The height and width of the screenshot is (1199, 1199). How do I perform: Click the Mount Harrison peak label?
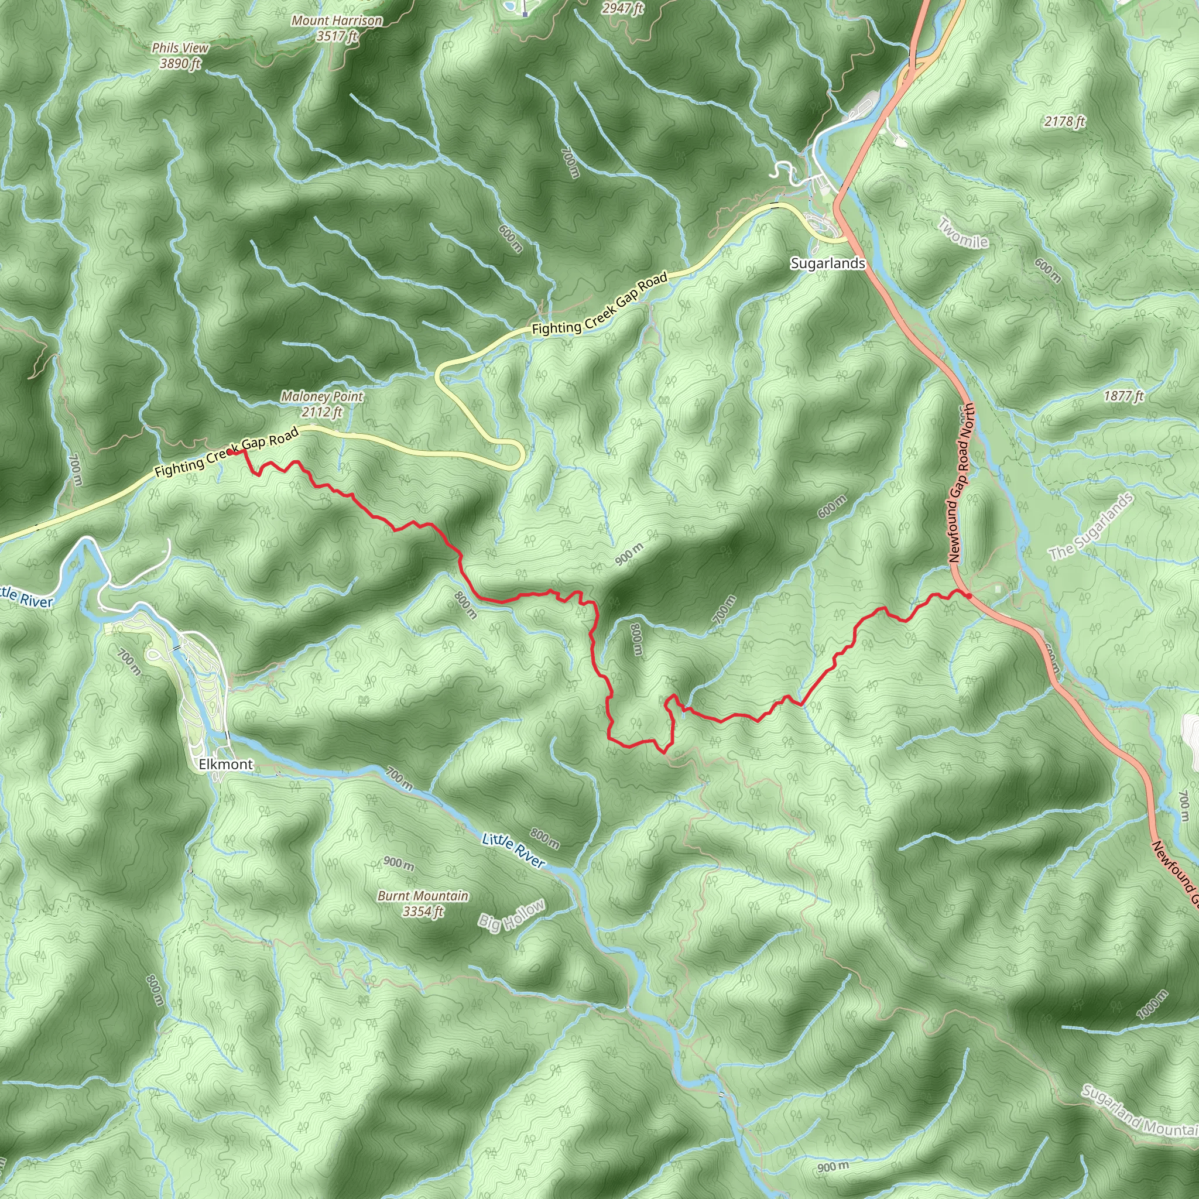point(337,28)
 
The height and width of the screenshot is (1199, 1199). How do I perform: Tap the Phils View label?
point(180,55)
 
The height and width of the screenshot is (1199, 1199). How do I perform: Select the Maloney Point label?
point(321,403)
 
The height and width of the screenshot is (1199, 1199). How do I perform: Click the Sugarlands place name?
point(827,263)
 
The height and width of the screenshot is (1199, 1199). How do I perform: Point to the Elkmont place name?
point(226,764)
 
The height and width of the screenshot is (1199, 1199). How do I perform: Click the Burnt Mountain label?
point(423,903)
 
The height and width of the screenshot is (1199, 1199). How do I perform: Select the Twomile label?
point(962,234)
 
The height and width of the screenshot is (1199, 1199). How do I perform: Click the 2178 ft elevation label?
point(1064,121)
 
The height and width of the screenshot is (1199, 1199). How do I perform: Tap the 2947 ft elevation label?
point(622,8)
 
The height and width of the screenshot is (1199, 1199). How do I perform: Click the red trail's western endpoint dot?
point(230,453)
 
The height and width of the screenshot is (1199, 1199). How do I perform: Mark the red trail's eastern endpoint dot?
point(968,596)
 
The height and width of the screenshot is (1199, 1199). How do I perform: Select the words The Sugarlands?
point(1090,527)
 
